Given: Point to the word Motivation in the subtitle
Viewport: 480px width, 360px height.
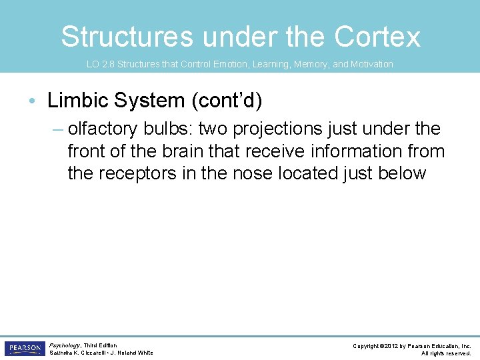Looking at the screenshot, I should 371,65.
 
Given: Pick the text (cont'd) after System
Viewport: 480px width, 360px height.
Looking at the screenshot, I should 225,101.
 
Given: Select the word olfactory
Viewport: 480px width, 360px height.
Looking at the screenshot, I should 103,129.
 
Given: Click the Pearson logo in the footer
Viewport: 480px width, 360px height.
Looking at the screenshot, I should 24,349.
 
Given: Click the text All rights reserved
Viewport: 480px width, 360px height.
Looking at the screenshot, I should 446,353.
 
